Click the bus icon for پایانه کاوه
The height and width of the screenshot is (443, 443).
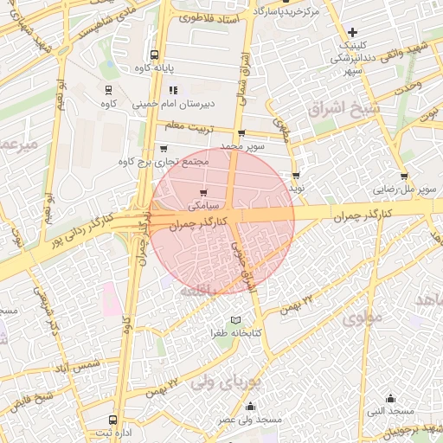pos(155,54)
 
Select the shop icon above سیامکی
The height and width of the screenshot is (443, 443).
pos(202,193)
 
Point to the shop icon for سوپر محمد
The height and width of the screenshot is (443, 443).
pos(241,133)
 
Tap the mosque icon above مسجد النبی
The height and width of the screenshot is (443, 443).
pos(390,399)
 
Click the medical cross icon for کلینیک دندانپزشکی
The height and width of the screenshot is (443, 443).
pos(351,32)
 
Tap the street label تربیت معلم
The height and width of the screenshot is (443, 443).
pos(189,128)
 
